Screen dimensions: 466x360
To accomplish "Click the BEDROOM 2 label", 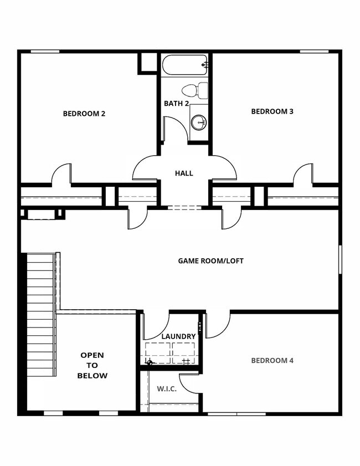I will tap(84, 114).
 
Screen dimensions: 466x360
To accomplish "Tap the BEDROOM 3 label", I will tap(272, 111).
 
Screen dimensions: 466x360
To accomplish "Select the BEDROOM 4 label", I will tap(272, 361).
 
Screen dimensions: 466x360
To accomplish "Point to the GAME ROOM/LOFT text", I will tap(210, 260).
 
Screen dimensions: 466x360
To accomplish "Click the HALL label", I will tap(184, 173).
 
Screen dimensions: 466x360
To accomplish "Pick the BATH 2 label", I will tap(177, 104).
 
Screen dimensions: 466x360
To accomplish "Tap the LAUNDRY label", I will tap(178, 336).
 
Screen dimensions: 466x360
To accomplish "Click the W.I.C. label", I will tap(166, 389).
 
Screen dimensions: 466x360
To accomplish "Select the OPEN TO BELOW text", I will tap(92, 365).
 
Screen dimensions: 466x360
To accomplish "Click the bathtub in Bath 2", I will tap(185, 65).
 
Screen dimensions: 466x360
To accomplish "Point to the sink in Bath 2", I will tap(198, 120).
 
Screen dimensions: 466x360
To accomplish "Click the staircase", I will tap(40, 314).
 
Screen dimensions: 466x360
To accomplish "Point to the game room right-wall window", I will tap(340, 259).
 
